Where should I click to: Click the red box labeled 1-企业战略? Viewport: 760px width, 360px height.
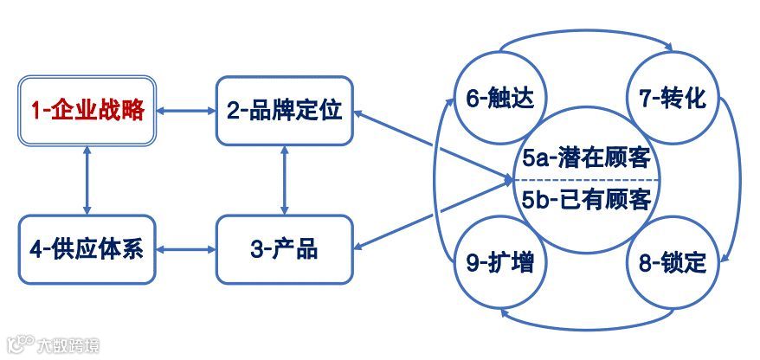coord(87,111)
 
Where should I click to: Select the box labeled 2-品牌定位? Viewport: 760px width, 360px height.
coord(285,111)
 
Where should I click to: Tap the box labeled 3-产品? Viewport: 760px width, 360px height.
coord(285,250)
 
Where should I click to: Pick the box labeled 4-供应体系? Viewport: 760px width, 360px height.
coord(87,250)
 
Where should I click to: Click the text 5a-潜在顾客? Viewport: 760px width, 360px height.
coord(586,158)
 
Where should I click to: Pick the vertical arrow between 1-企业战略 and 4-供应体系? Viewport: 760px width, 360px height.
coord(87,180)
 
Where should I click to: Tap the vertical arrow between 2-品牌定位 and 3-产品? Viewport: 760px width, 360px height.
coord(285,180)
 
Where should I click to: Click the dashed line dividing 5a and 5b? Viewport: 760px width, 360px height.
coord(586,180)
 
